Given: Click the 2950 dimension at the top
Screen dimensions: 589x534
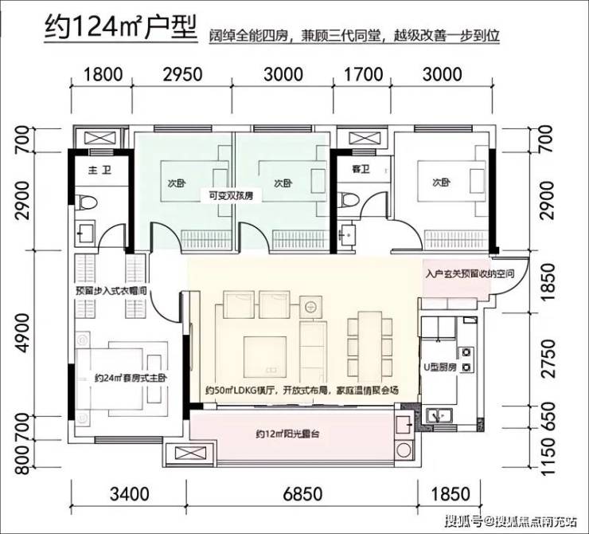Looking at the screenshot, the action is [182, 74].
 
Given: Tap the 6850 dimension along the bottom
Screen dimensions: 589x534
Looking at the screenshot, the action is [302, 494].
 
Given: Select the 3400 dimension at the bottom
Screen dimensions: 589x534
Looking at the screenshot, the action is [130, 494].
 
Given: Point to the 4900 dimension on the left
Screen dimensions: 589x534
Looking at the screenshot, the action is [22, 335].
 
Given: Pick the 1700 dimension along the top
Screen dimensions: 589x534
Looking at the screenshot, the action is [364, 74].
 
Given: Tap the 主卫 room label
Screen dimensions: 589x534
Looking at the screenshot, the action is [100, 171].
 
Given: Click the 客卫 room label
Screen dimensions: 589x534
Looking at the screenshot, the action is [361, 170].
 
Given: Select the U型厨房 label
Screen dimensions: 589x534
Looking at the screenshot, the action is [440, 367].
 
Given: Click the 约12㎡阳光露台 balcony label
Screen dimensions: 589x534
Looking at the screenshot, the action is [288, 434].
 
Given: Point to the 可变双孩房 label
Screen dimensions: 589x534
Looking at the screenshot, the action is [231, 196].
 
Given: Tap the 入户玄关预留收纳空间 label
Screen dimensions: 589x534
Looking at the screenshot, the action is [470, 273].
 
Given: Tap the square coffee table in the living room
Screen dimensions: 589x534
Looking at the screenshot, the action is [265, 356].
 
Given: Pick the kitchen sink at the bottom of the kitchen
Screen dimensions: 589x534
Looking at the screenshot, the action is [439, 415].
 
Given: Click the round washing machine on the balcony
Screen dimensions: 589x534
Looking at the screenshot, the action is [404, 450].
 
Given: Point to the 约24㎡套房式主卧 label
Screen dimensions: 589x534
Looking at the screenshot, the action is [131, 378].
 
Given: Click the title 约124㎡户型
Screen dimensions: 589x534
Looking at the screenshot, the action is [120, 27].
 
